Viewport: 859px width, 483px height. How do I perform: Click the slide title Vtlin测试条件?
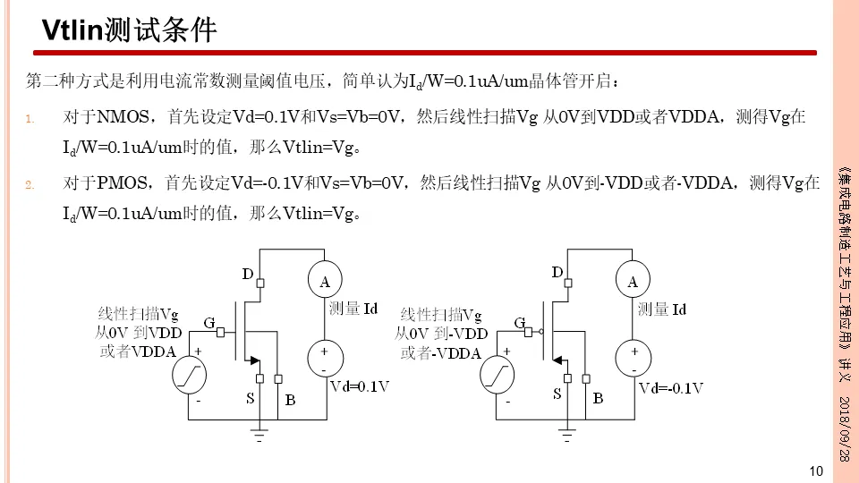pos(131,31)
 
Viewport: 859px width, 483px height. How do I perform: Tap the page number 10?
pos(815,470)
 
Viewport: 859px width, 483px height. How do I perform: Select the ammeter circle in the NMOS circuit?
pos(325,282)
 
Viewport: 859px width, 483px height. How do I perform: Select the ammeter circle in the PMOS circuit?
pos(633,282)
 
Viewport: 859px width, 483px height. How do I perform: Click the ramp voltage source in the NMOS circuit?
pos(190,376)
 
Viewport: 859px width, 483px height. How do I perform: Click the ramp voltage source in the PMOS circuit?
pos(498,376)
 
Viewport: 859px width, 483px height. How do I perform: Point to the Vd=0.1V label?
pos(361,386)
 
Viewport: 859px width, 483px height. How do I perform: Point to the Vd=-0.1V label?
pos(671,387)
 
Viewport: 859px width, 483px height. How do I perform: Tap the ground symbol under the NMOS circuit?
pos(259,436)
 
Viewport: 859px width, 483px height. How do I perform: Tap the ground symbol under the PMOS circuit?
pos(566,436)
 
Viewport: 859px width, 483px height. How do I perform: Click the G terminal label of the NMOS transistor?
pos(208,322)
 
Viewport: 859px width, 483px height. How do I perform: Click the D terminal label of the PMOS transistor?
pos(557,272)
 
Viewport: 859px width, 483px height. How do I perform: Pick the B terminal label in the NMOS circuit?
pos(290,400)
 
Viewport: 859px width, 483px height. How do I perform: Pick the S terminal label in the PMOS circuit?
pos(557,394)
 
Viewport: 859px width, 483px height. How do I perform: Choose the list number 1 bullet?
pos(30,119)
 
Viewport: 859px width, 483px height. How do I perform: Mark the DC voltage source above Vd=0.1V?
pos(325,358)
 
